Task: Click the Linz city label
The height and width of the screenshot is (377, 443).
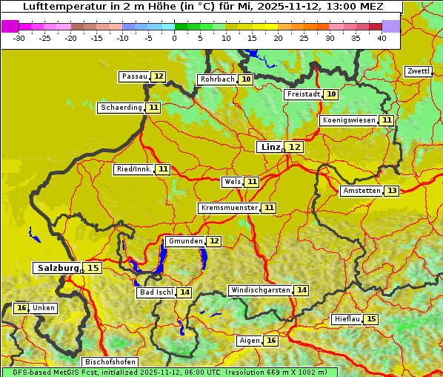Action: [270, 147]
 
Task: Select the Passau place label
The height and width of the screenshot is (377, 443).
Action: [135, 76]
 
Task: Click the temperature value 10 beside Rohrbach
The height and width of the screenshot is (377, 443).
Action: [246, 79]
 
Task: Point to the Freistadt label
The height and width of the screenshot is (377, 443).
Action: [303, 94]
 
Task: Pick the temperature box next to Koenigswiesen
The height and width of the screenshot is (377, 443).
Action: [387, 120]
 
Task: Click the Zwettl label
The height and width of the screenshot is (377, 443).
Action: [419, 71]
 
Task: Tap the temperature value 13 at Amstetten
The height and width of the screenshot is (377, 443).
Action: [391, 191]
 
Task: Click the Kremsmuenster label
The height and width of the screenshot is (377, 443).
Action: [229, 208]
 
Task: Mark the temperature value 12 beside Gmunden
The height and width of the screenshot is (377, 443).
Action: [213, 241]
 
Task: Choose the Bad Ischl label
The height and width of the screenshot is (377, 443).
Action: [156, 292]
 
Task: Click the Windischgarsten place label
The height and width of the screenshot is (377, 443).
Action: [260, 290]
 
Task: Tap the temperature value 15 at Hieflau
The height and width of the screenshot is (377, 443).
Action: [370, 319]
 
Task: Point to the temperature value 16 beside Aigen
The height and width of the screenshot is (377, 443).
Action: [270, 341]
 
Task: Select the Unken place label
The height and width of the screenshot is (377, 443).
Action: [44, 308]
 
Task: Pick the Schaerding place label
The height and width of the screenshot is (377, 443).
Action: [121, 108]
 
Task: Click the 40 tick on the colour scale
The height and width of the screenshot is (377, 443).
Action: [382, 38]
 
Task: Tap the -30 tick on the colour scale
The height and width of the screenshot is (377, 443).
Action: [19, 38]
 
